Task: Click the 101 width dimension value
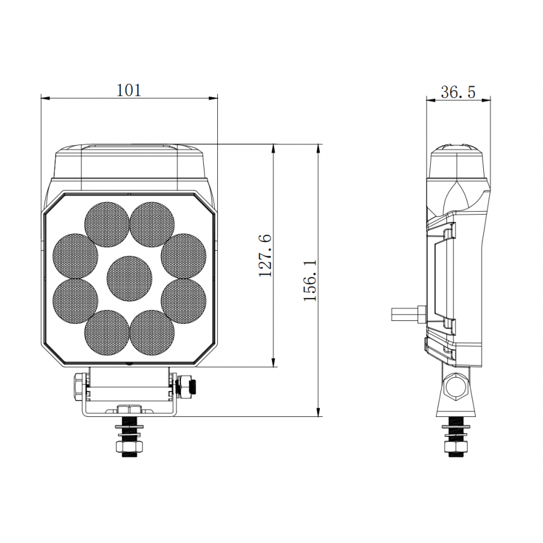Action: pos(129,91)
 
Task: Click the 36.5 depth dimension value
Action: pos(458,92)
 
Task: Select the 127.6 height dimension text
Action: pos(265,256)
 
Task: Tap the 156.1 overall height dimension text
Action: pos(310,281)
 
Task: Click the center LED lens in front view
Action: pos(129,278)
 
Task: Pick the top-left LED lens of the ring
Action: pos(107,224)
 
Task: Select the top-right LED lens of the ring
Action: pos(152,224)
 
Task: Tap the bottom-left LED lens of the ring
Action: pos(107,332)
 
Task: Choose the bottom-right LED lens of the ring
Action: pos(152,332)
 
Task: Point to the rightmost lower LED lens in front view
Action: pos(184,300)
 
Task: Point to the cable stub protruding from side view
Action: pos(407,314)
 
